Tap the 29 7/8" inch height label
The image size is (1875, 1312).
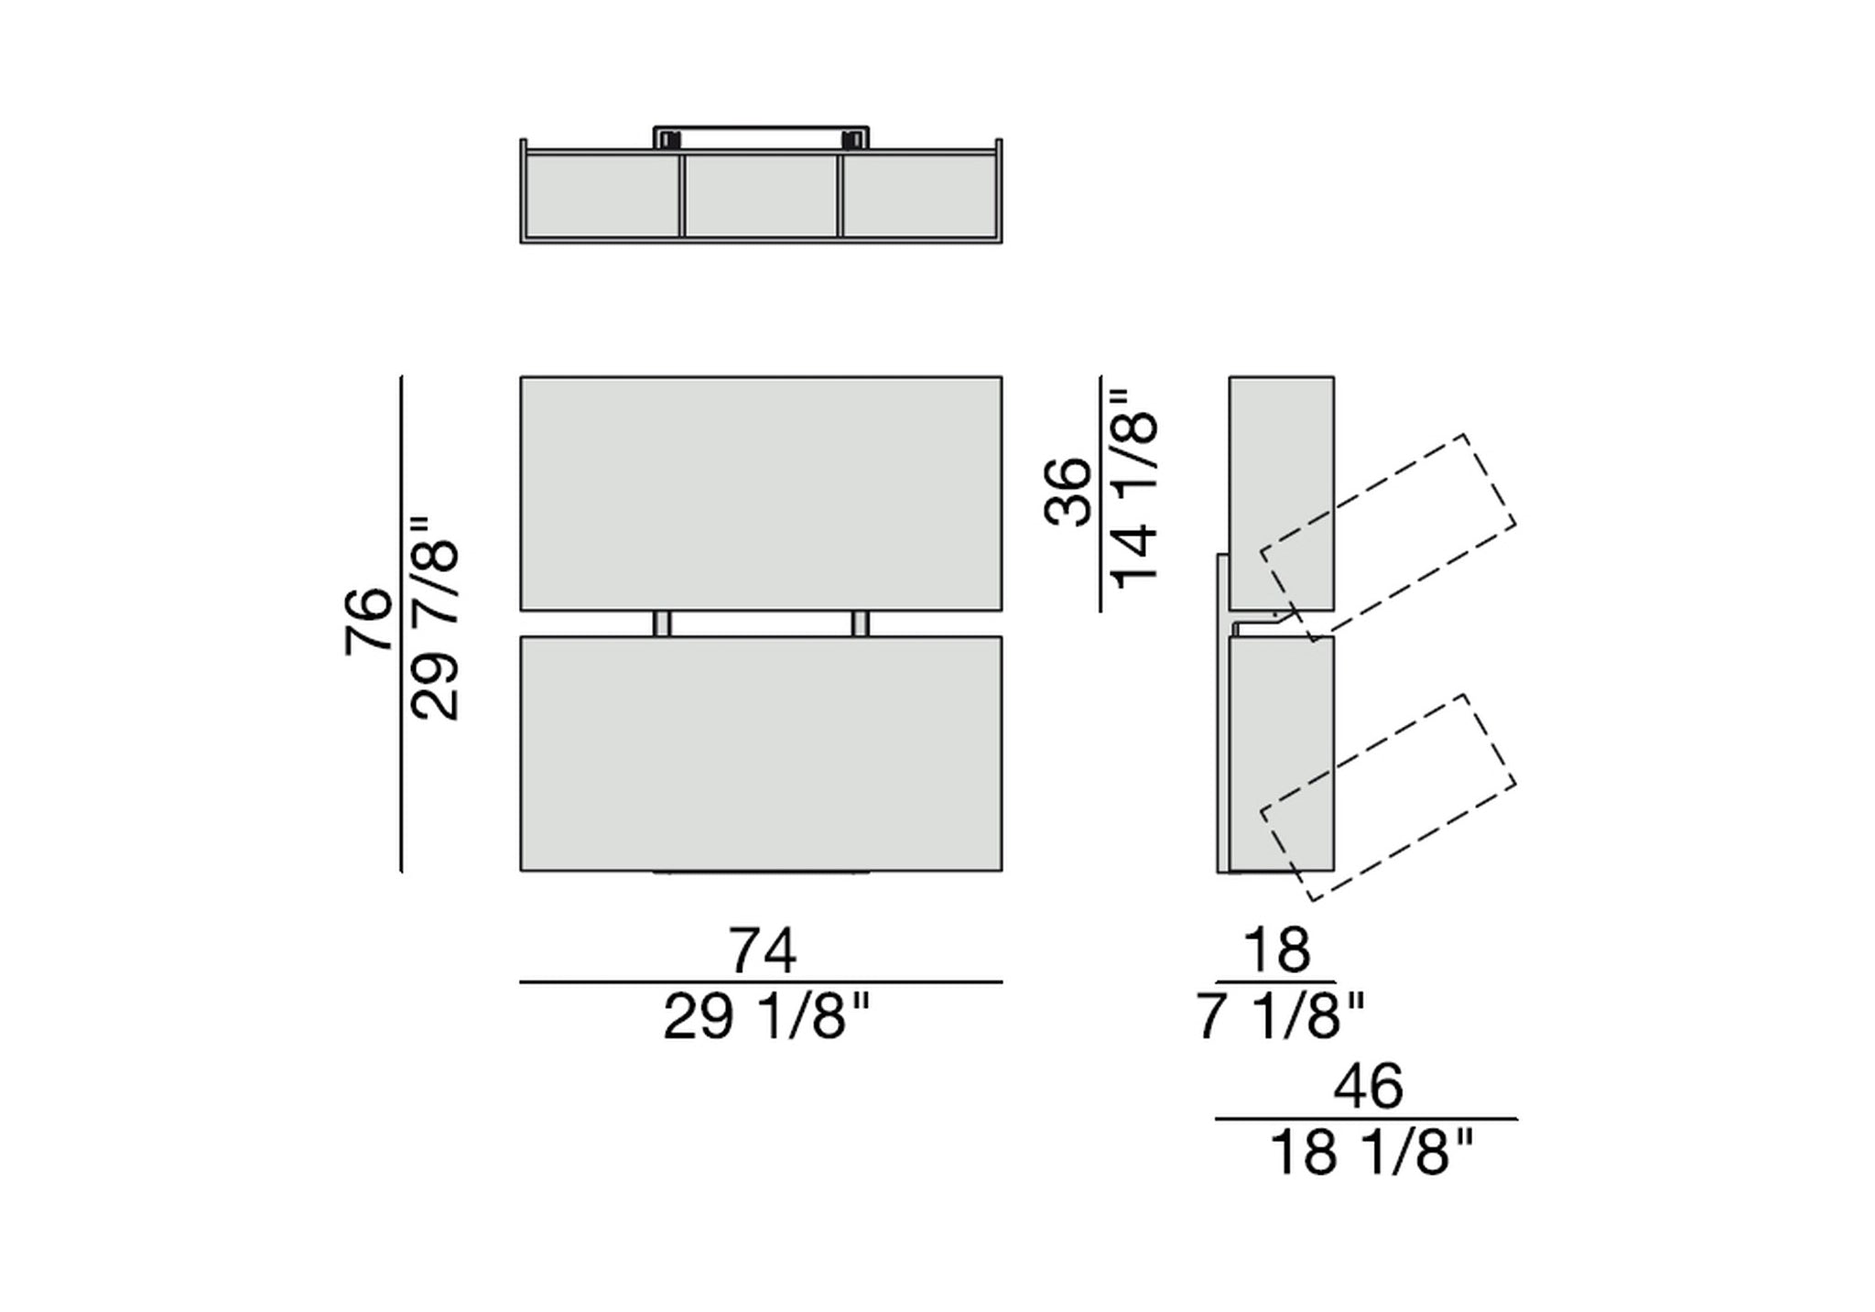[x=434, y=619]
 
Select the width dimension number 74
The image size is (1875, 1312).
[x=762, y=950]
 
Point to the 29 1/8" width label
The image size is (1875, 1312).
[x=765, y=1017]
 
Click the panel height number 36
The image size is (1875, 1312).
[x=1068, y=493]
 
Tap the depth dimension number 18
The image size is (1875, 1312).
[x=1276, y=950]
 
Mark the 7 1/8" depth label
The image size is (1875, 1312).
[x=1281, y=1017]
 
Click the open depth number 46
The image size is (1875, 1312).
[x=1368, y=1087]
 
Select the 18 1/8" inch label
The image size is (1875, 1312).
[x=1371, y=1153]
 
